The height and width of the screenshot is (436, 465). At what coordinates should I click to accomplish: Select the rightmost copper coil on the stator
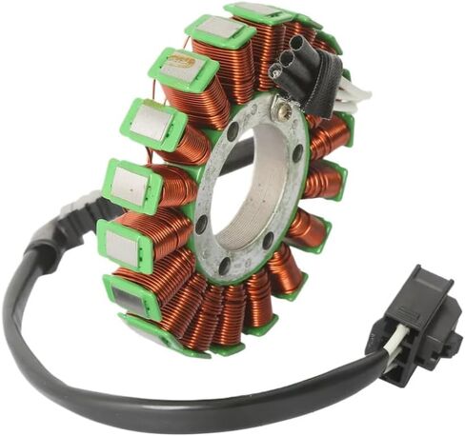click(329, 181)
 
